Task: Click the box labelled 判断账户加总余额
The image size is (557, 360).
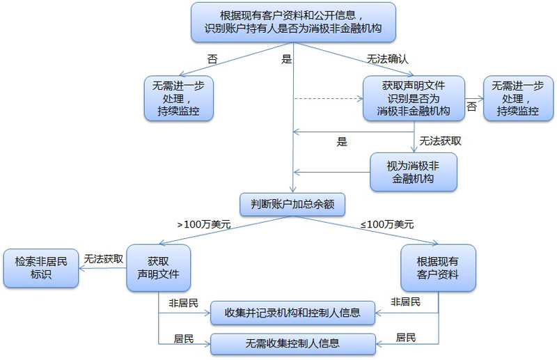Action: [x=292, y=203]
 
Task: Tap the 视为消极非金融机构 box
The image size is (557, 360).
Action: [x=413, y=171]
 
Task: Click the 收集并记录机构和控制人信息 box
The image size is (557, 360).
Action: [x=293, y=313]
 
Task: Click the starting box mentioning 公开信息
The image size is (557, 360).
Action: [x=292, y=22]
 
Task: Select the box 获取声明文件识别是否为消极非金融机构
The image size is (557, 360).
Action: [x=413, y=98]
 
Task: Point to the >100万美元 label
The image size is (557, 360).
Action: [x=204, y=224]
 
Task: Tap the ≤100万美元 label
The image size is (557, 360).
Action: [x=386, y=224]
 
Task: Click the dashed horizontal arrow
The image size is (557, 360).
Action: [x=327, y=99]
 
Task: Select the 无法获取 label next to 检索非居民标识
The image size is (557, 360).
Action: [x=104, y=258]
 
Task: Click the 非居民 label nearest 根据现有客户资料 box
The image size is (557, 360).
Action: [x=406, y=302]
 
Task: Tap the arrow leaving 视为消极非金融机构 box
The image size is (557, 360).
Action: [x=331, y=171]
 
